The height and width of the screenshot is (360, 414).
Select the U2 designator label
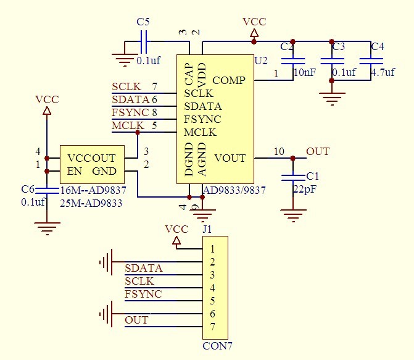261,60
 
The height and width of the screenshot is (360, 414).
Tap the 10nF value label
304,72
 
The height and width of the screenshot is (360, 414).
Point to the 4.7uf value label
383,72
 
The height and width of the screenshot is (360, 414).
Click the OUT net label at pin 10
318,151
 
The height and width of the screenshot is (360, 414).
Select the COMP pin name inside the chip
229,80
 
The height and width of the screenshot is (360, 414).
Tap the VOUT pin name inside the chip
230,158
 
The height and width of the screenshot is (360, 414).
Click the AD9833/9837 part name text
234,190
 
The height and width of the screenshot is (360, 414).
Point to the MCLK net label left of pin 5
126,126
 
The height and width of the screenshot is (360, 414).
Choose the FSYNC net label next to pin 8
130,112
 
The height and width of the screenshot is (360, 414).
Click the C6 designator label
27,189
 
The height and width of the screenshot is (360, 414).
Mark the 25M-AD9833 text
91,203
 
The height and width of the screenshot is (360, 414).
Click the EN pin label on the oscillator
74,171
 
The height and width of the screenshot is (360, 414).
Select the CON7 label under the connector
217,346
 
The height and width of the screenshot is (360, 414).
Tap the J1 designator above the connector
207,229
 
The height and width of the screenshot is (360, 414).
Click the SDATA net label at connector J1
143,268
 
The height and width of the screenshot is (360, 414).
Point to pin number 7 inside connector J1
212,326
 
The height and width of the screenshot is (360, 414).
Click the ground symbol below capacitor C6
47,230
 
